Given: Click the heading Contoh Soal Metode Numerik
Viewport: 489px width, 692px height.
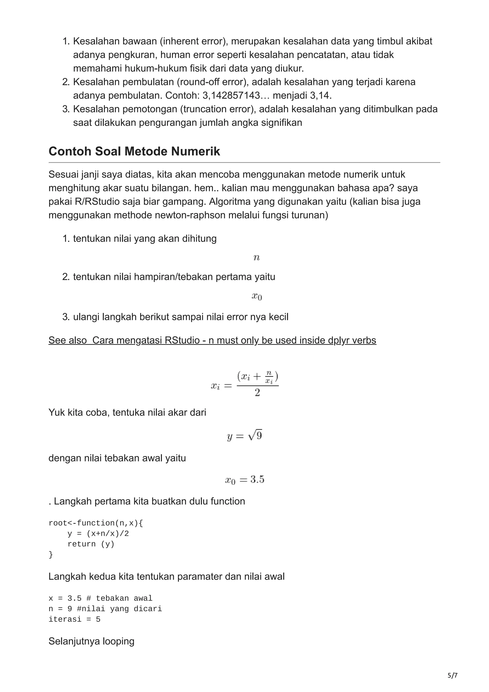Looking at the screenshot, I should pyautogui.click(x=134, y=151).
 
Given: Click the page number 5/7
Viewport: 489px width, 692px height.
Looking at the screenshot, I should pyautogui.click(x=452, y=676).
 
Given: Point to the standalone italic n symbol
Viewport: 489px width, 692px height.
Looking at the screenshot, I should pyautogui.click(x=256, y=258).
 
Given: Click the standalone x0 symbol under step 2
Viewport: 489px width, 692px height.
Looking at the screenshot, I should pyautogui.click(x=257, y=297).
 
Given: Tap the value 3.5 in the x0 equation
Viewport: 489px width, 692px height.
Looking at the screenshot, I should pyautogui.click(x=257, y=479).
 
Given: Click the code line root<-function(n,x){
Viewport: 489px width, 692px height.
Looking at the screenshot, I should pyautogui.click(x=96, y=523).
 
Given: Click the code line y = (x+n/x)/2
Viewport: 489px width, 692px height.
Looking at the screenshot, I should pyautogui.click(x=98, y=533).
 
